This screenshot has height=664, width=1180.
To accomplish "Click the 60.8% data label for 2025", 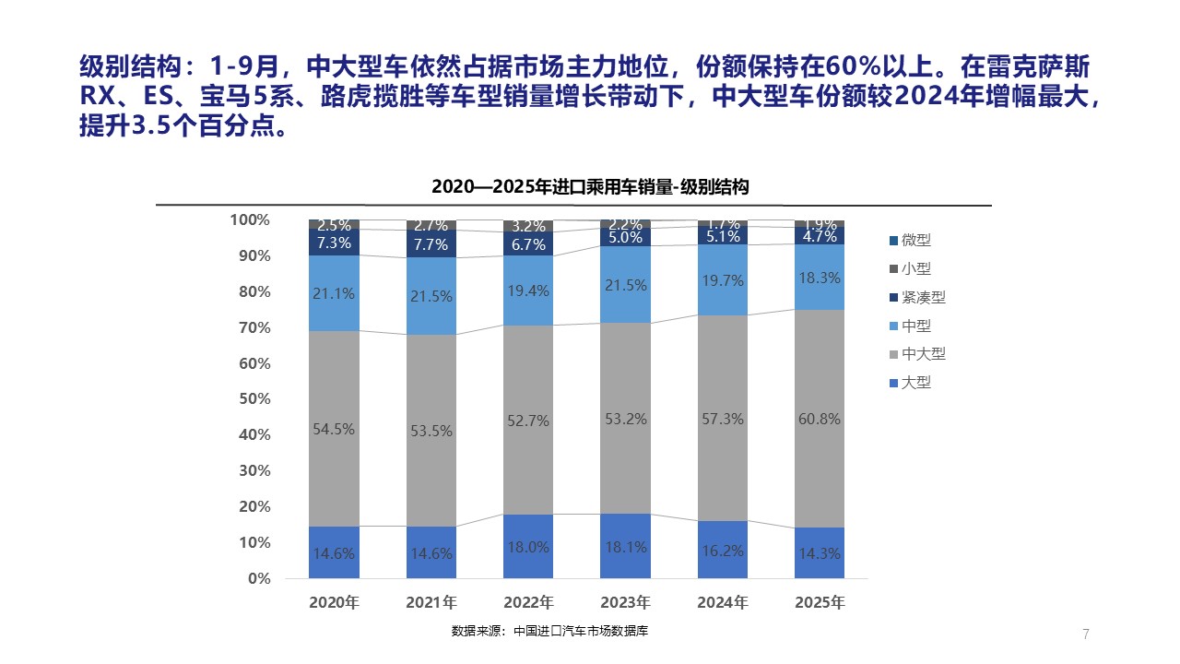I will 820,419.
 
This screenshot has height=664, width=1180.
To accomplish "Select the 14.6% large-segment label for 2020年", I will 334,554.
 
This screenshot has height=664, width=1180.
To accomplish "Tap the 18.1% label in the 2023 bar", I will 625,547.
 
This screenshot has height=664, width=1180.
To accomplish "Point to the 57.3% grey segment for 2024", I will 722,420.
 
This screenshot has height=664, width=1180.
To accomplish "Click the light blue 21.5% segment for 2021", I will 431,297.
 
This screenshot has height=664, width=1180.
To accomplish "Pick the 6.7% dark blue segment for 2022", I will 528,244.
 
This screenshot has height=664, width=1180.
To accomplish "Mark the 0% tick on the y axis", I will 258,579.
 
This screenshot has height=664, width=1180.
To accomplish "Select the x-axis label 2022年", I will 528,603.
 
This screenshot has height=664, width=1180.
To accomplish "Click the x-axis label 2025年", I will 820,603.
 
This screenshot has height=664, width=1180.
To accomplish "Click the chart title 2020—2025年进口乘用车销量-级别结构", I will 590,186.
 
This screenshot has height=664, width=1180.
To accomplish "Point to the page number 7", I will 1086,634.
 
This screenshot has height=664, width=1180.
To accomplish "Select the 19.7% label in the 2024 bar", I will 722,281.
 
